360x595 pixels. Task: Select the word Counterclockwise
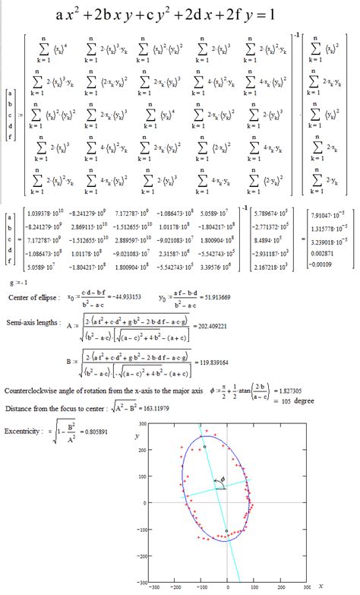pyautogui.click(x=34, y=394)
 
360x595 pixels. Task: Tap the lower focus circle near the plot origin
pyautogui.click(x=227, y=530)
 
